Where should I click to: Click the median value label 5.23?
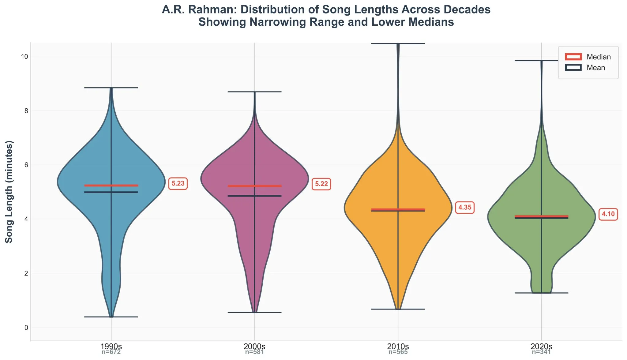click(178, 184)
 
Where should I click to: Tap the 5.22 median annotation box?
click(321, 184)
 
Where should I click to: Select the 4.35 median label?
click(464, 208)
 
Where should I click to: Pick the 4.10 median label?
click(608, 214)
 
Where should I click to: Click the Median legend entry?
click(588, 57)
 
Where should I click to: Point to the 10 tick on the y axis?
click(24, 57)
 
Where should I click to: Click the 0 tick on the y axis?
click(26, 328)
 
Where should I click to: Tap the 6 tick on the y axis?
click(26, 165)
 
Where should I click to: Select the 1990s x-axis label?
click(111, 346)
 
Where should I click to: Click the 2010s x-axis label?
click(398, 346)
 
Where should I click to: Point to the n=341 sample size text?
click(541, 352)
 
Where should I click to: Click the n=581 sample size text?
click(254, 352)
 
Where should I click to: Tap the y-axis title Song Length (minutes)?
click(9, 192)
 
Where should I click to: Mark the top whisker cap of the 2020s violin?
click(541, 61)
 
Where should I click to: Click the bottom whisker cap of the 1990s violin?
click(111, 317)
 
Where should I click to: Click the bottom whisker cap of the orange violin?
click(398, 309)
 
